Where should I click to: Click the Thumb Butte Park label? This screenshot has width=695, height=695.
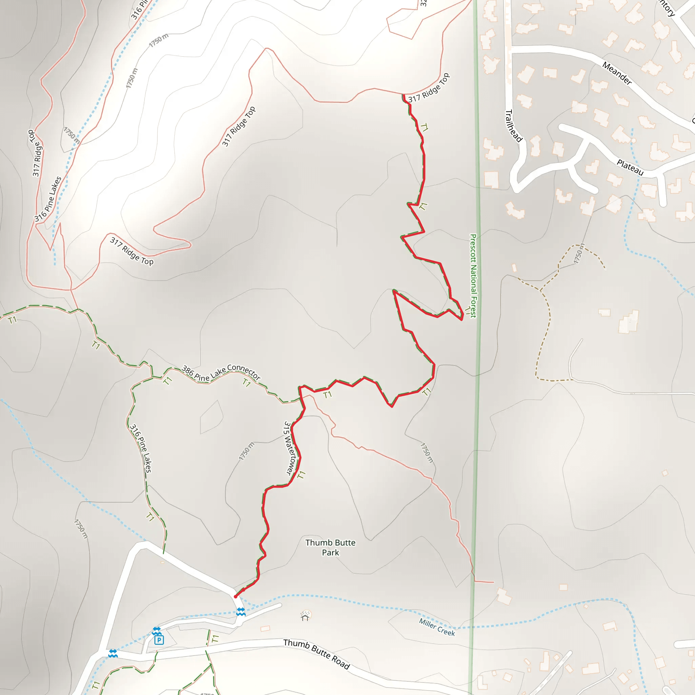pos(330,547)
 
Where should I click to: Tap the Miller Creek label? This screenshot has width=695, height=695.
pos(437,627)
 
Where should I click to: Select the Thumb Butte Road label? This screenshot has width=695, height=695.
pos(316,654)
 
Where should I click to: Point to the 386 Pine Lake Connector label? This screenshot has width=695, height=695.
pos(221,373)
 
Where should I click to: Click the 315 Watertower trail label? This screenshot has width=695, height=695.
pos(290,448)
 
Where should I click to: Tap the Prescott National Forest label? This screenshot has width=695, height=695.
pos(473,276)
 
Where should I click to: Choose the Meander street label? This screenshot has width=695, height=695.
pos(617,73)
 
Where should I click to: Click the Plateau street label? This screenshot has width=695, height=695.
pos(630,167)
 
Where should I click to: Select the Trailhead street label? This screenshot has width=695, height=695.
pos(513,126)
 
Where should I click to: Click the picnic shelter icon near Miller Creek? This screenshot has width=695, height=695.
pos(305,617)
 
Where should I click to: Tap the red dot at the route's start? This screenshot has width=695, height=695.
pos(236,597)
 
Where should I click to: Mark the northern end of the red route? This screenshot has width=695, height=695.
pos(403,95)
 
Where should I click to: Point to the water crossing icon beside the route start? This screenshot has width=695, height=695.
pos(241,611)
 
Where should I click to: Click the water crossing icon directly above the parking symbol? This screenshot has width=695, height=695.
pos(156,631)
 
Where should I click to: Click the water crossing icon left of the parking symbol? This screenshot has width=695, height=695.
pos(113,653)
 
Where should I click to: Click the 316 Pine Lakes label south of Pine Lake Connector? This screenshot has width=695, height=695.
pos(140,448)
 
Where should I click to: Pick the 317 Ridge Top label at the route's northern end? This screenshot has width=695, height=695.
pos(429,88)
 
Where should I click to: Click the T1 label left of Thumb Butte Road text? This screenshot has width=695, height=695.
pos(215,639)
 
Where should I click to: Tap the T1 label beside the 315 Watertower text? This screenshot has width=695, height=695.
pos(301,475)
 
